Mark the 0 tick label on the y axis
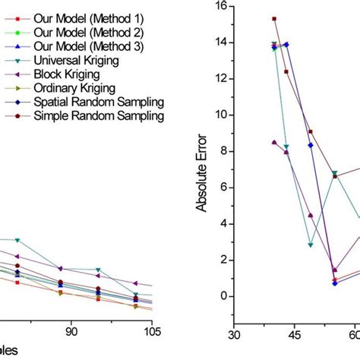[x=223, y=296]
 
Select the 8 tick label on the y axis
[x=223, y=151]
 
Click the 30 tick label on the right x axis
[x=235, y=333]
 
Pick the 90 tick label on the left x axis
[x=71, y=330]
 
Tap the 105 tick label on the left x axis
[x=154, y=330]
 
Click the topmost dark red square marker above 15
[x=274, y=19]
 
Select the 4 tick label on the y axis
[x=223, y=223]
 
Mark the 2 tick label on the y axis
[x=223, y=260]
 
